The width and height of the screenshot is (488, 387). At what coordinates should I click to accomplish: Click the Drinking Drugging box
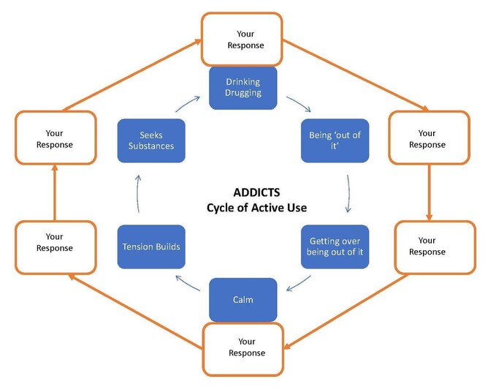[243, 87]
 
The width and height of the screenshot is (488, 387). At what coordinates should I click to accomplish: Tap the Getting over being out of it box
[335, 247]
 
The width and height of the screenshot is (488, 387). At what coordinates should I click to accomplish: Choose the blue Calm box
[243, 301]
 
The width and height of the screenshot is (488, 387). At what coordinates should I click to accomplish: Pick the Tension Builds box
[150, 247]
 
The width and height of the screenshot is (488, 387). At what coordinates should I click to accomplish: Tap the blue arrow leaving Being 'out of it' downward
[348, 193]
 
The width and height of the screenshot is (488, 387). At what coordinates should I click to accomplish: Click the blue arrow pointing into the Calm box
[298, 282]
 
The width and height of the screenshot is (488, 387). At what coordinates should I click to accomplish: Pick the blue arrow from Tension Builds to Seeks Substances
[140, 193]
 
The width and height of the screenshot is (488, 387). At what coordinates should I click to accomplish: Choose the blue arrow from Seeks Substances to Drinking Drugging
[187, 102]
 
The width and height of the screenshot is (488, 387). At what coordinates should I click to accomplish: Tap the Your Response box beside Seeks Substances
[55, 139]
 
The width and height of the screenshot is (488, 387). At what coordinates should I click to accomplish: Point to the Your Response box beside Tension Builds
[55, 242]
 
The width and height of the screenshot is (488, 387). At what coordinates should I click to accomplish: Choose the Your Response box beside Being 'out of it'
[427, 139]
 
